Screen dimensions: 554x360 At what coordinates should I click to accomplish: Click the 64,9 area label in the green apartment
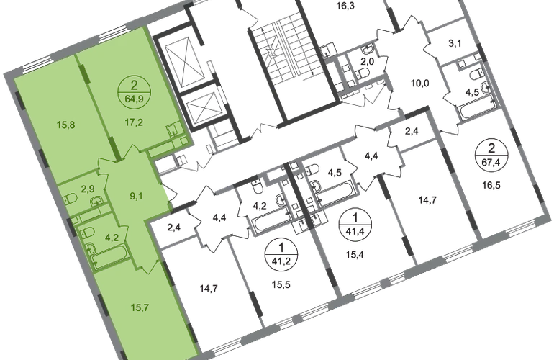(135, 99)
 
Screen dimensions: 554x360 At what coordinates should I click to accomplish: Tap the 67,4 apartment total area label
(491, 162)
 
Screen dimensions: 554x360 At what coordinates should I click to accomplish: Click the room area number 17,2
(134, 122)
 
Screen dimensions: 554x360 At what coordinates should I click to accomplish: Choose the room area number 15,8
(65, 125)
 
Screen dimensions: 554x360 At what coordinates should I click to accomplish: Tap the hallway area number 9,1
(136, 196)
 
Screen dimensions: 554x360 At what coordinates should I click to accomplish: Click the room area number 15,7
(140, 307)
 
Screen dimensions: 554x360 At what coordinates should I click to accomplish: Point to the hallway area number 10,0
(419, 84)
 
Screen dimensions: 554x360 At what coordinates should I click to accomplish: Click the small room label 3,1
(455, 44)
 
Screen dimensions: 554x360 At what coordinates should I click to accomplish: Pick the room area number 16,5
(491, 185)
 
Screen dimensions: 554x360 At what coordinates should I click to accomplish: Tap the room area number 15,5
(281, 284)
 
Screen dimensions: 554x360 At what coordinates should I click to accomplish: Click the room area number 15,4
(355, 254)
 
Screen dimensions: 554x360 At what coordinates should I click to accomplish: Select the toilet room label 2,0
(367, 62)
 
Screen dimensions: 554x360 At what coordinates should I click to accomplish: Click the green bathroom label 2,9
(88, 189)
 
